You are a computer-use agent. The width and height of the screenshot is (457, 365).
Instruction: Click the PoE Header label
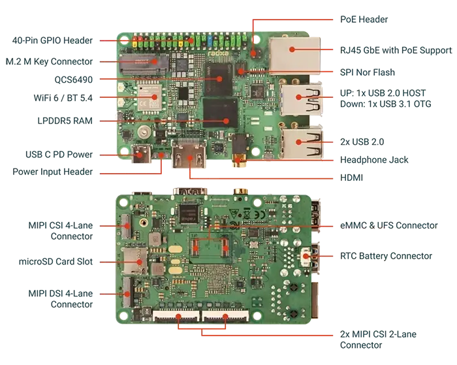click(364, 20)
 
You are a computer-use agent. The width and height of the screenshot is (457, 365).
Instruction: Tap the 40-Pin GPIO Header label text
click(52, 40)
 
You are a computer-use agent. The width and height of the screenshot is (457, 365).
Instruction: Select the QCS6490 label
click(73, 80)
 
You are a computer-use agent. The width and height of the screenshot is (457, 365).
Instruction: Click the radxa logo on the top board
click(218, 54)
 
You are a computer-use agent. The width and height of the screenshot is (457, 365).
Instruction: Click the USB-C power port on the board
click(141, 153)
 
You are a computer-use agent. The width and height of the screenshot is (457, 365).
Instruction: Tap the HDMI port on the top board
click(189, 155)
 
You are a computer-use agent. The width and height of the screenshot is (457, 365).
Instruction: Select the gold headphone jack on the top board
click(239, 161)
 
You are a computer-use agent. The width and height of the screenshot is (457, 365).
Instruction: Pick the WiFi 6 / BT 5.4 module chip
click(150, 97)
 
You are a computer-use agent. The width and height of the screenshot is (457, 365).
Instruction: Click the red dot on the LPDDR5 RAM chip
click(226, 121)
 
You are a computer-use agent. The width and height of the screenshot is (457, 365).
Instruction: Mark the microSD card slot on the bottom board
click(134, 261)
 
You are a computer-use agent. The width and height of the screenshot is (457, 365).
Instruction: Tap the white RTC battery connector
click(306, 257)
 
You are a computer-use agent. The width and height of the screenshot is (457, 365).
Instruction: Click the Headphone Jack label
click(374, 160)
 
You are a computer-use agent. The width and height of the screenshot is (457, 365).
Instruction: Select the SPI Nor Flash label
click(367, 72)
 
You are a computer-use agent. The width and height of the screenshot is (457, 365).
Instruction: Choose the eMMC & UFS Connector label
click(389, 225)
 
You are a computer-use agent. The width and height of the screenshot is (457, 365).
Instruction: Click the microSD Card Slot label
click(55, 261)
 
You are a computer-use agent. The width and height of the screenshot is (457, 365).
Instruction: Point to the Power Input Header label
click(52, 172)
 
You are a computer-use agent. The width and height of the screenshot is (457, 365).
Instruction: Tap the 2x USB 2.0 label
click(362, 142)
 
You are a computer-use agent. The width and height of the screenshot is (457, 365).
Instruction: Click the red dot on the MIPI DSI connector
click(127, 294)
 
